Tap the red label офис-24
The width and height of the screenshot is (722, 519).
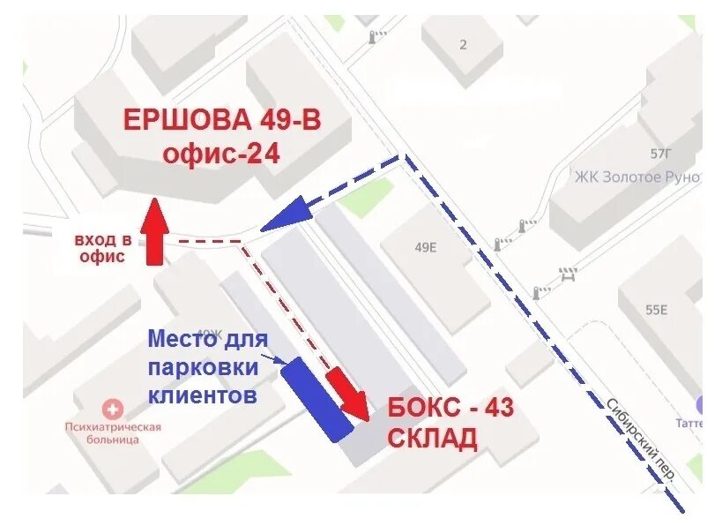point(220,154)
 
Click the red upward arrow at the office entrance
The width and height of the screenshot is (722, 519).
point(154,231)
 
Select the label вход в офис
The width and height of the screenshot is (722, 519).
point(103,248)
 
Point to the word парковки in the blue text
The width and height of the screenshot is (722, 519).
point(203,366)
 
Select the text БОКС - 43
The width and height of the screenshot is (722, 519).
point(450,408)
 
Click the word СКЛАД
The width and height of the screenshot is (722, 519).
point(433,438)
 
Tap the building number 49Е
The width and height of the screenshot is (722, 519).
point(425,247)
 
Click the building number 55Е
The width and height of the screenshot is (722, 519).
point(657,309)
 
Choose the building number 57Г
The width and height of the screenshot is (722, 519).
point(660,154)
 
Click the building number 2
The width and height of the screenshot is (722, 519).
point(463,45)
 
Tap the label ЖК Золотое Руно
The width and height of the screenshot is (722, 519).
point(636,177)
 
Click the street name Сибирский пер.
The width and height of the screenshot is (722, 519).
point(640,439)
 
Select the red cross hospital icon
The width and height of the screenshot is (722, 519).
point(113,410)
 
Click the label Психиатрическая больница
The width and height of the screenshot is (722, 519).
point(113,432)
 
